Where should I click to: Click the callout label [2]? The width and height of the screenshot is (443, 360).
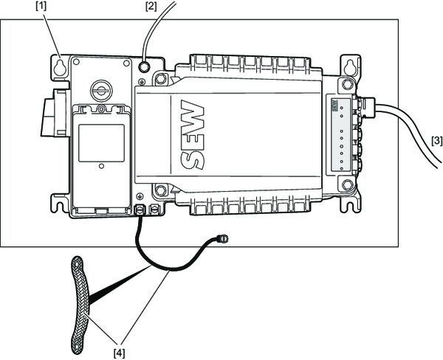point(151,7)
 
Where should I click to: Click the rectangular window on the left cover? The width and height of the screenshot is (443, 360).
point(101,143)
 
